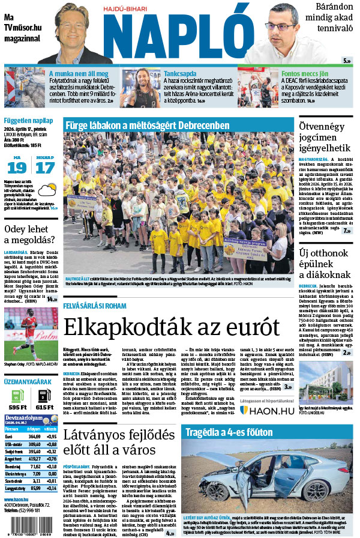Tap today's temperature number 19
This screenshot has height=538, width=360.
click(x=16, y=168)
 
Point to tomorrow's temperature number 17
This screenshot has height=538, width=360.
click(x=44, y=168)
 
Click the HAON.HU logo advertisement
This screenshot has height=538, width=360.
click(x=266, y=410)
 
